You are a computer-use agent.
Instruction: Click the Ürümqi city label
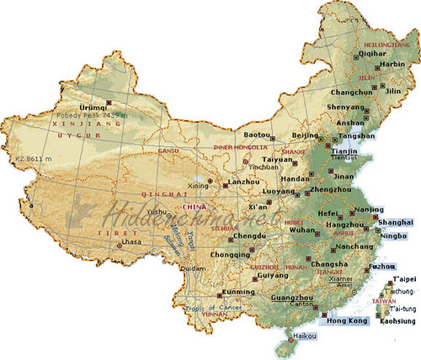point(70,107)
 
